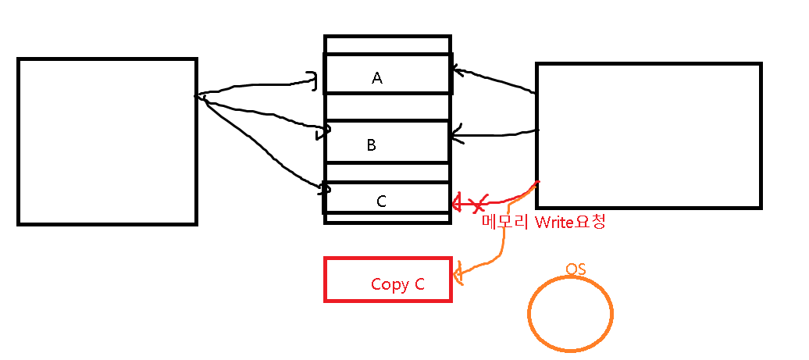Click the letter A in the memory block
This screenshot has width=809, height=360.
tap(377, 78)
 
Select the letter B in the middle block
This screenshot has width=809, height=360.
tap(372, 145)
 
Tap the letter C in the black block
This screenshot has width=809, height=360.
tap(381, 201)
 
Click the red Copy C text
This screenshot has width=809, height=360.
tap(397, 284)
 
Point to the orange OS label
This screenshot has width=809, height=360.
tap(576, 269)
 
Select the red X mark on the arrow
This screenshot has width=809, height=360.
tap(479, 204)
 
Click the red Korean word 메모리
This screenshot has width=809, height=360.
tap(506, 223)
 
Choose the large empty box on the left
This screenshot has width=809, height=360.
tap(107, 141)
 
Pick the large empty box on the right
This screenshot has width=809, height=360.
tap(648, 136)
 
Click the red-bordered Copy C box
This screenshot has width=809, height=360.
tap(388, 279)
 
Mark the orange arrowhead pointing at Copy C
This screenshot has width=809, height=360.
tap(458, 273)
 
